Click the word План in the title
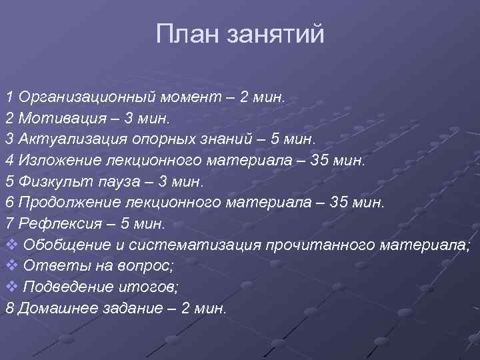189,34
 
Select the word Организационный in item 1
88,97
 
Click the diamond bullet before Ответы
11,265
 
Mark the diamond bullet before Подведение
11,287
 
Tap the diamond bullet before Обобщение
11,245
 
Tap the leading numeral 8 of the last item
9,308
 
